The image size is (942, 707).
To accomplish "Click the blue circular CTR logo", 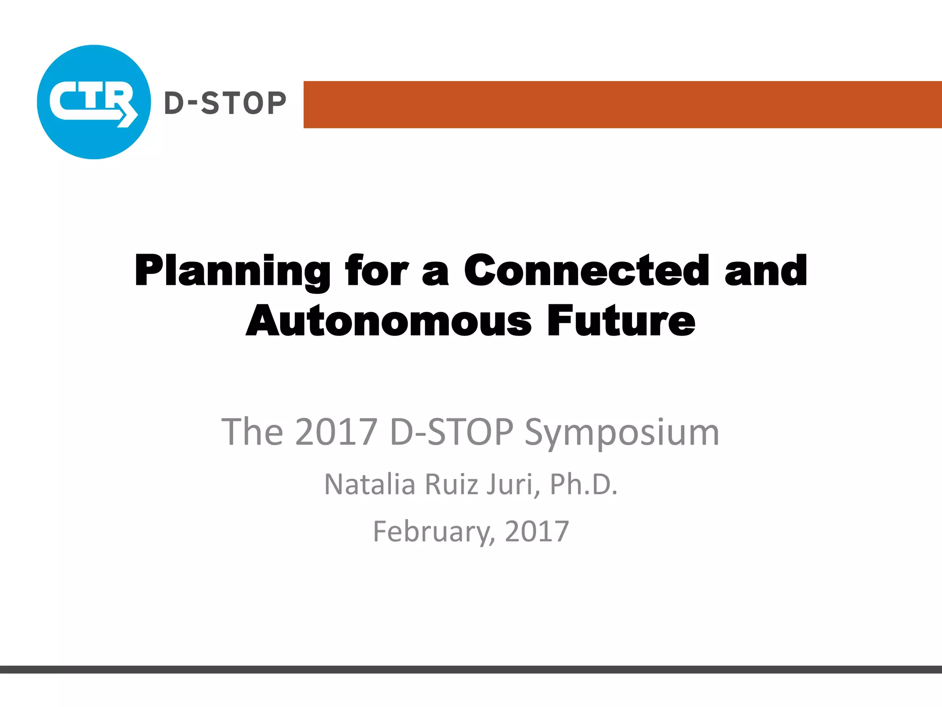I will [94, 102].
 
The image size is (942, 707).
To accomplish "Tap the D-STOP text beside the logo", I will [225, 103].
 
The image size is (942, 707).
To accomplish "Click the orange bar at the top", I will [622, 104].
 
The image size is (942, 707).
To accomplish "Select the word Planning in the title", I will [232, 272].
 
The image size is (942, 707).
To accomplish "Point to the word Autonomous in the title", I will [389, 321].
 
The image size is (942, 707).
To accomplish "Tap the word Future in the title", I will [621, 321].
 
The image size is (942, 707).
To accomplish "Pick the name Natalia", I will [370, 484].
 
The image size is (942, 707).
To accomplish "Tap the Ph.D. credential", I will [584, 484].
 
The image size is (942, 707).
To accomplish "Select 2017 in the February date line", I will [537, 531].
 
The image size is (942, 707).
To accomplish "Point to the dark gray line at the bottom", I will [471, 669].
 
